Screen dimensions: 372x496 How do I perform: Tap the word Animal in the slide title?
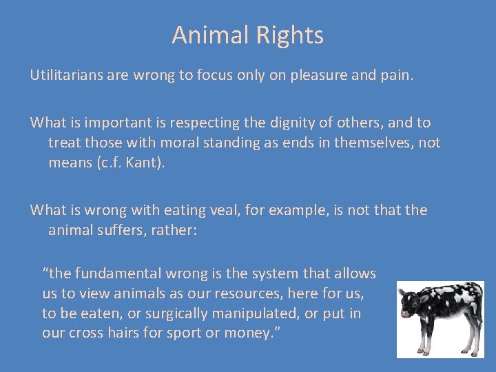click(x=205, y=35)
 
